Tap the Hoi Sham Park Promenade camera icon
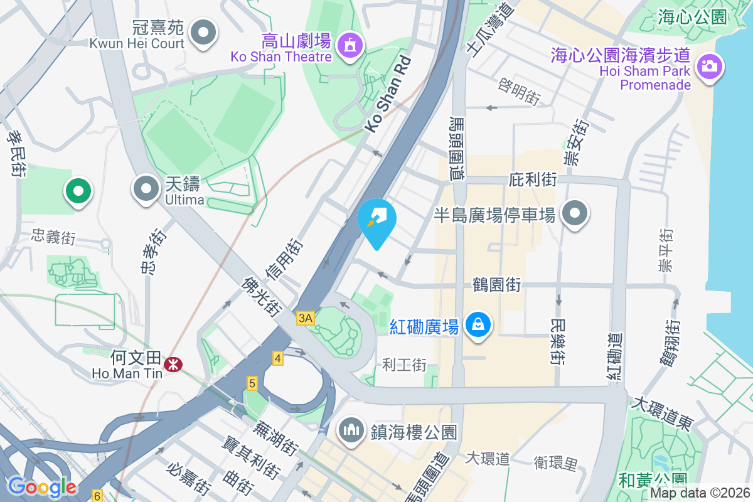pos(710,66)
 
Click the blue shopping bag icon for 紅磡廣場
pos(478,324)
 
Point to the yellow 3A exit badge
pos(306,318)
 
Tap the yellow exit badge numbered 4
pos(277,358)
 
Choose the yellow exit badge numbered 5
pos(252,383)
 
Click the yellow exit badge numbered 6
pos(97,495)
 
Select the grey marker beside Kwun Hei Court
pos(203,32)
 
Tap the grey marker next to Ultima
pos(146,188)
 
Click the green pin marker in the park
pos(78,190)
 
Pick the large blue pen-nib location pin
pos(376,222)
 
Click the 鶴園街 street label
pos(496,285)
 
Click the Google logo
pos(42,486)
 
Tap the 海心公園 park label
pos(692,17)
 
